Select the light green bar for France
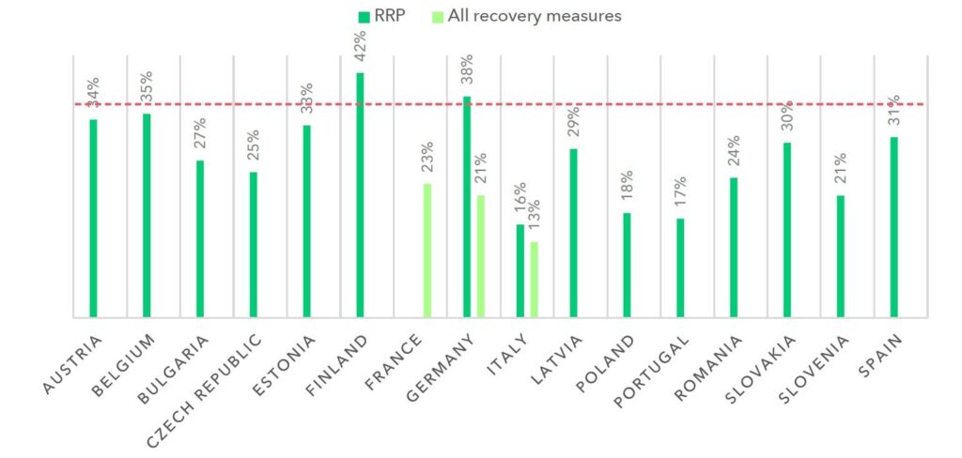click(x=427, y=251)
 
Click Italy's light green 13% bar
click(x=534, y=280)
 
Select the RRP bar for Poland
click(x=627, y=266)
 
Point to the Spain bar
click(x=893, y=227)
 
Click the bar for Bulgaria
click(x=200, y=239)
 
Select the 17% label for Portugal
click(x=680, y=192)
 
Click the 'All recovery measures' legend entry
click(x=525, y=16)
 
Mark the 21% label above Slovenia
click(x=841, y=170)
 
